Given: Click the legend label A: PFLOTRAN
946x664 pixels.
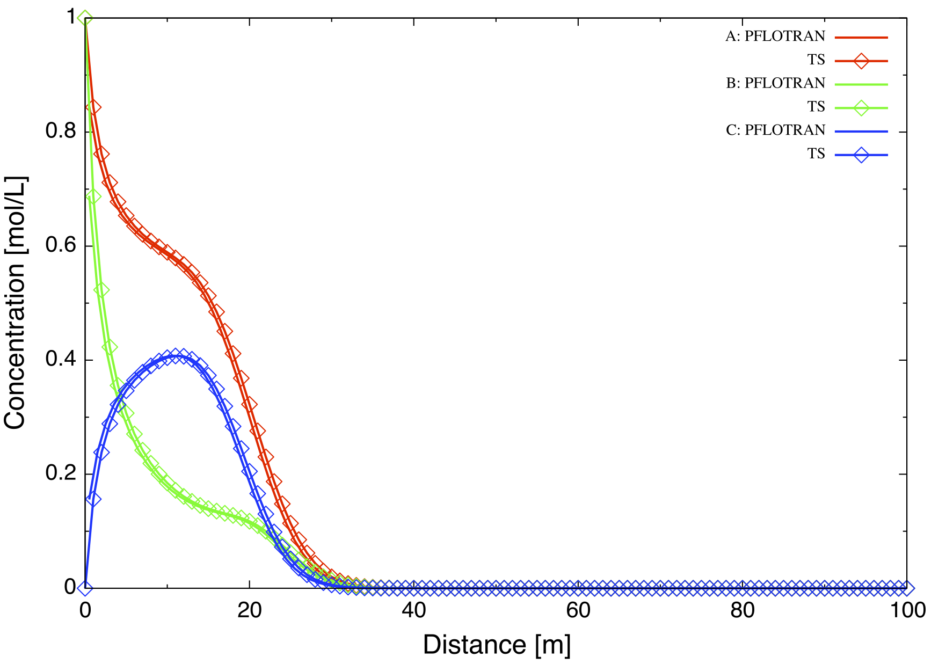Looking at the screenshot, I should coord(775,37).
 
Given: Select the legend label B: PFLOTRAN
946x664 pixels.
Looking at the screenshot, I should coord(775,84).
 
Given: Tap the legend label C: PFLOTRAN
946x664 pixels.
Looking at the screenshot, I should coord(775,130).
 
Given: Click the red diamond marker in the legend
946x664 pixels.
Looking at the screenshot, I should coord(861,61).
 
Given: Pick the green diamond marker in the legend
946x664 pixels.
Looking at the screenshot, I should coord(861,108).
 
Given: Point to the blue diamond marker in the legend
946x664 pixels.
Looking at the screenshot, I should coord(861,155).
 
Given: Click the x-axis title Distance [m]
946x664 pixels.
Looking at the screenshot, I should coord(497,645).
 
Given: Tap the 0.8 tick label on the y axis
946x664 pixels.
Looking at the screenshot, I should coord(60,132).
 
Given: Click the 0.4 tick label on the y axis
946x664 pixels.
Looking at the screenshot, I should coord(60,360).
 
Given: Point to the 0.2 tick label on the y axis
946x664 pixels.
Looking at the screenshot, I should coord(60,474).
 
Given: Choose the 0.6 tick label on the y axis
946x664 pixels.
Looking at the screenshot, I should coord(60,246).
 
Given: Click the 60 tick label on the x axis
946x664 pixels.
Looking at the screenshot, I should coord(578,611).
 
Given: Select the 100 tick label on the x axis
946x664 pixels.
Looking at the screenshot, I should coord(907,611).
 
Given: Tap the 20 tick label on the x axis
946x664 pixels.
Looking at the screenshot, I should coord(249,611).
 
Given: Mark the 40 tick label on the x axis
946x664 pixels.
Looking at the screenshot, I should coord(413,611).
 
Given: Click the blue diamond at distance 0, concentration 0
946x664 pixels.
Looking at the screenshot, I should coord(84,588).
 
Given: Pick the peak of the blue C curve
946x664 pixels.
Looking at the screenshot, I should coord(175,355).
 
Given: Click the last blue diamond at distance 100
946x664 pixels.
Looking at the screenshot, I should coord(907,588).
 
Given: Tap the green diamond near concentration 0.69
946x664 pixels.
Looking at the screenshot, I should coord(93,196).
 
